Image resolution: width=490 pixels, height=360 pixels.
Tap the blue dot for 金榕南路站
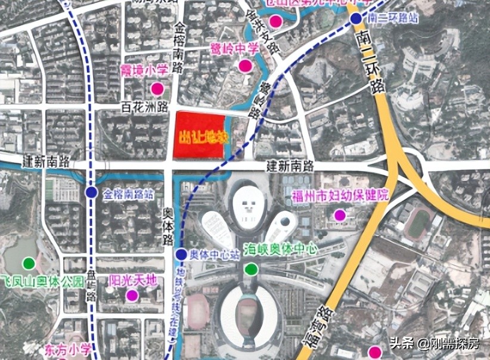[91, 192]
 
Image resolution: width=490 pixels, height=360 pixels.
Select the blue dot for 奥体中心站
[181, 255]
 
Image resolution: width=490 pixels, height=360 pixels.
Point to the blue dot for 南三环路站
[355, 18]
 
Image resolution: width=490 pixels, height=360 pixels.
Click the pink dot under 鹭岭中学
[244, 66]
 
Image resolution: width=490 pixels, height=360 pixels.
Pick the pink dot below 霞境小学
[157, 89]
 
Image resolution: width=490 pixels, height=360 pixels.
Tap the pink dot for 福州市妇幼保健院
[340, 215]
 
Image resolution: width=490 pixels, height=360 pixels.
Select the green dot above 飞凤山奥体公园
[28, 263]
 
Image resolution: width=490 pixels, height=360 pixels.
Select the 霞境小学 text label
[144, 70]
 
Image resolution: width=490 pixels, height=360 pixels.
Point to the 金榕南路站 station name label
[130, 193]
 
